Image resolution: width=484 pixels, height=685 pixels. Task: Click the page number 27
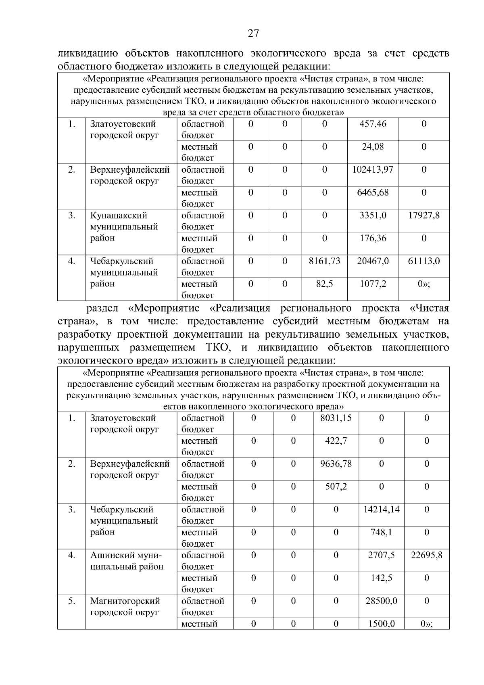(253, 33)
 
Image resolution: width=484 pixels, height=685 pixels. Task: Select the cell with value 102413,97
(373, 170)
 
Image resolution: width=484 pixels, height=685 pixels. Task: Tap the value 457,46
(373, 124)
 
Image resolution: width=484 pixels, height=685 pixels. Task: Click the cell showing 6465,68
(373, 192)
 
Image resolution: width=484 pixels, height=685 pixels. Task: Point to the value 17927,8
(423, 215)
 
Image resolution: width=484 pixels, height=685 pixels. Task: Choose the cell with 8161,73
(324, 261)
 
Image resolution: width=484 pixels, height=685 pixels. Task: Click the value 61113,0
(423, 261)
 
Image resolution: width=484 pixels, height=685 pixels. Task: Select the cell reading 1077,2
(373, 284)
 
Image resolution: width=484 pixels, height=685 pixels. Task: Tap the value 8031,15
(336, 418)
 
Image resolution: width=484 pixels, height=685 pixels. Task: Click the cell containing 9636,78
(336, 464)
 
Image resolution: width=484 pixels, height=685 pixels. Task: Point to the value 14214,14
(381, 510)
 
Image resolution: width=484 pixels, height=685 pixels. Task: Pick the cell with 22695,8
(426, 556)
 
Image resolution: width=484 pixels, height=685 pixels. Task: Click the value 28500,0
(381, 601)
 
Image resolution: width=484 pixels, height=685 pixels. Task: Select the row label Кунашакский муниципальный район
(124, 227)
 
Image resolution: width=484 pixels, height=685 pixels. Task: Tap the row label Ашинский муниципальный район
(126, 561)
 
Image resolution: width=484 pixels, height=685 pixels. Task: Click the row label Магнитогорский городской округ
(125, 607)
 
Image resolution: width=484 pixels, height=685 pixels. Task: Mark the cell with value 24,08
(373, 147)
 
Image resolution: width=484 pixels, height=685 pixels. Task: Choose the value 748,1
(381, 533)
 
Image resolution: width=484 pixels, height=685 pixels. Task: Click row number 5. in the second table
(71, 601)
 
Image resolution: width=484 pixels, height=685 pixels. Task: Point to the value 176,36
(373, 238)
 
